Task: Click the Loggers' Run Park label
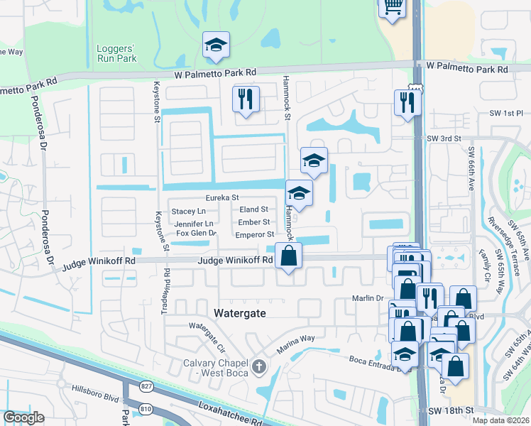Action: coord(116,53)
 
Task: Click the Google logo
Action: coord(23,417)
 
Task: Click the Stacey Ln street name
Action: coord(188,212)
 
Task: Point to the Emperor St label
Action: coord(254,234)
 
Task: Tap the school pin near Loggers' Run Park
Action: coord(216,45)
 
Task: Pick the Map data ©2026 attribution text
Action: coord(500,420)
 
